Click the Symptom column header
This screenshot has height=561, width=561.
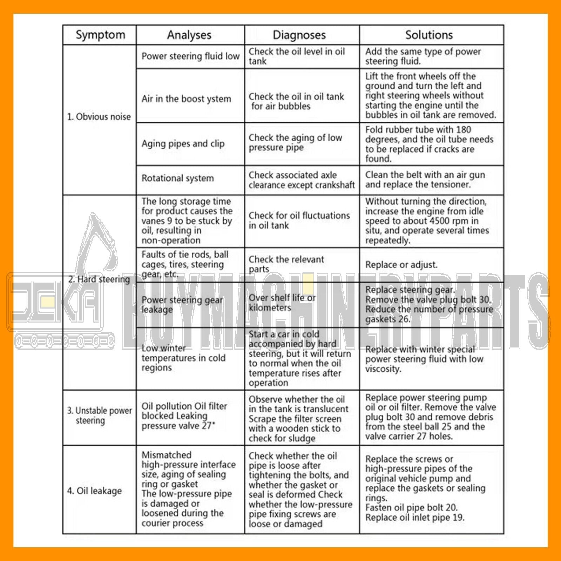point(100,35)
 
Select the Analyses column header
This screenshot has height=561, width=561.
point(189,35)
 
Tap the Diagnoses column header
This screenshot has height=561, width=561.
point(299,35)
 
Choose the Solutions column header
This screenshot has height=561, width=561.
point(429,35)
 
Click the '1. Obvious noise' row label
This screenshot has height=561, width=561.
point(99,117)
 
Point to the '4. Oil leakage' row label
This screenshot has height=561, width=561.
point(94,491)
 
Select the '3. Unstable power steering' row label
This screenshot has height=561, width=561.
point(100,415)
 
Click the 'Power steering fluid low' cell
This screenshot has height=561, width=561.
point(190,56)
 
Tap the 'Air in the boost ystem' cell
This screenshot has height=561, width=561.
point(186,99)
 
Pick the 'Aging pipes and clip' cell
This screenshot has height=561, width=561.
point(183,143)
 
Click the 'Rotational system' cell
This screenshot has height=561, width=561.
point(177,178)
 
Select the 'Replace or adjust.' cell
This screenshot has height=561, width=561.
point(401,265)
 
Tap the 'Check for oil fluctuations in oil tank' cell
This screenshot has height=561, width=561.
point(299,220)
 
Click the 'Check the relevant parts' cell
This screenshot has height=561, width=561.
point(286,264)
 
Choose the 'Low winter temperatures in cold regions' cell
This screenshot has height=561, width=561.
point(183,358)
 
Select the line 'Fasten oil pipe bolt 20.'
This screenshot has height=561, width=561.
point(411,507)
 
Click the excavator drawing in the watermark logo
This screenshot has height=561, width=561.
point(98,245)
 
